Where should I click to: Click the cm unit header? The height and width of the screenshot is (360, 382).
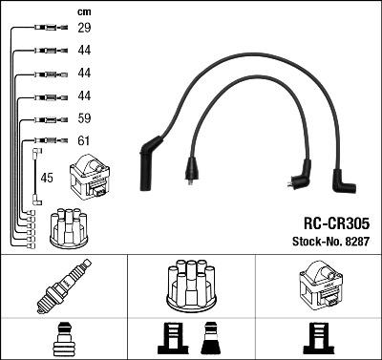[x=83, y=11]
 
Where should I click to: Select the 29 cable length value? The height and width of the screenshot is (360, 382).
[x=84, y=30]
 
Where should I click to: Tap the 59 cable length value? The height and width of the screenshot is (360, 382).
[x=84, y=120]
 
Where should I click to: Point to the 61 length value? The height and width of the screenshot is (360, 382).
[x=84, y=142]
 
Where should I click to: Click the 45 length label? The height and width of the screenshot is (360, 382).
[x=48, y=178]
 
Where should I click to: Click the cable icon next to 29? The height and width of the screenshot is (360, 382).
[x=47, y=30]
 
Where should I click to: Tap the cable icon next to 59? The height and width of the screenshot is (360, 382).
[x=47, y=120]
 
